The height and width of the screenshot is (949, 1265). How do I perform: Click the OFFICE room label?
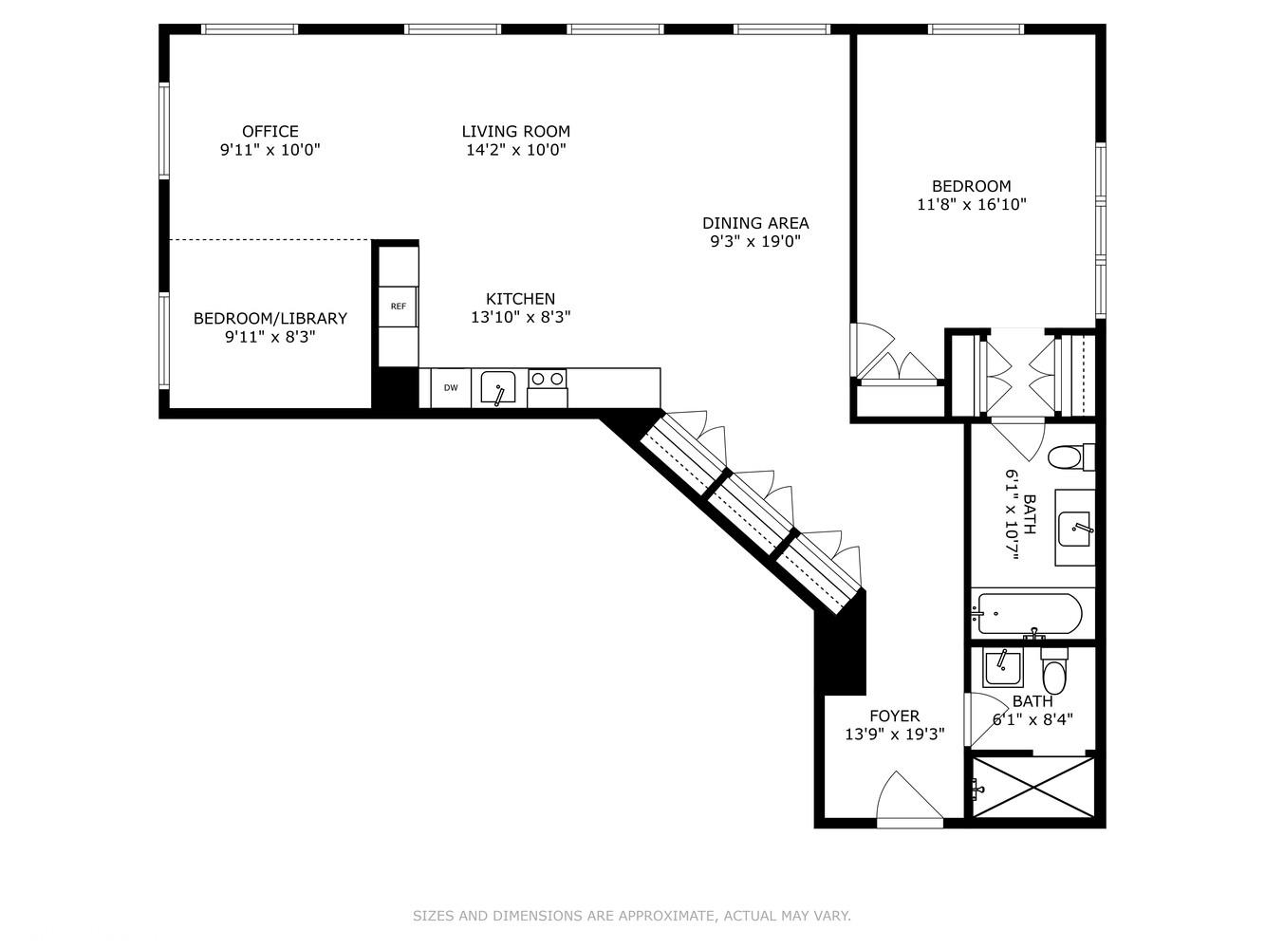270,132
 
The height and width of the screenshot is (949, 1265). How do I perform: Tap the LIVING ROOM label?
515,132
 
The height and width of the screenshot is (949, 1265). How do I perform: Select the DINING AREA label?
755,223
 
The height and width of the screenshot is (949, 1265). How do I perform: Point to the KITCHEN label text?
520,299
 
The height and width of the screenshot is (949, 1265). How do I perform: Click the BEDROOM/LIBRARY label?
270,319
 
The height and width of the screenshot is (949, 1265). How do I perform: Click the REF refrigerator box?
399,307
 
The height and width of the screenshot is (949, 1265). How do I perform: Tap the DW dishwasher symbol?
451,388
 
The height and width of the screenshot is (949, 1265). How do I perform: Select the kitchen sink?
497,387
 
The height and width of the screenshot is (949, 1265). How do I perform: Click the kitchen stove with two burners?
547,380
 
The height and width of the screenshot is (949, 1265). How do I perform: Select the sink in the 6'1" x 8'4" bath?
1001,668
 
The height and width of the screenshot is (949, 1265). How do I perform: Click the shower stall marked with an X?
1032,787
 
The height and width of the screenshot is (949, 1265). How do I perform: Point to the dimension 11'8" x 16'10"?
971,204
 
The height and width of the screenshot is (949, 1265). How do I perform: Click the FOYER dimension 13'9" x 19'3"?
894,734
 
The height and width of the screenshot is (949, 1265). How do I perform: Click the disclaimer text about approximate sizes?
631,916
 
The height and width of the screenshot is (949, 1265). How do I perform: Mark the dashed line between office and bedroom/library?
270,240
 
